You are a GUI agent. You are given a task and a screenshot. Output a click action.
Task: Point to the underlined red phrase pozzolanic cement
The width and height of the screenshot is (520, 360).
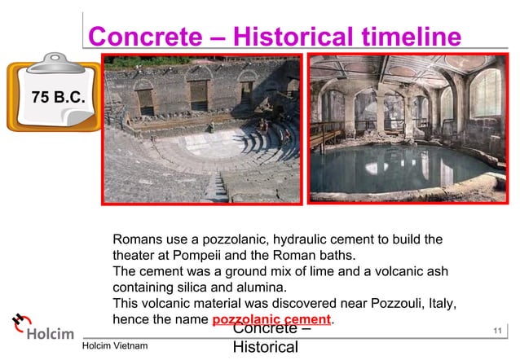(x=271, y=318)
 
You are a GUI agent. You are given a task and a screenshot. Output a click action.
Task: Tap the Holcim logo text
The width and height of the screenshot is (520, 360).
(x=51, y=333)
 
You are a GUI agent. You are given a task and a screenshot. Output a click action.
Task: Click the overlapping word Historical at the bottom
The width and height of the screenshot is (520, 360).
(x=266, y=348)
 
